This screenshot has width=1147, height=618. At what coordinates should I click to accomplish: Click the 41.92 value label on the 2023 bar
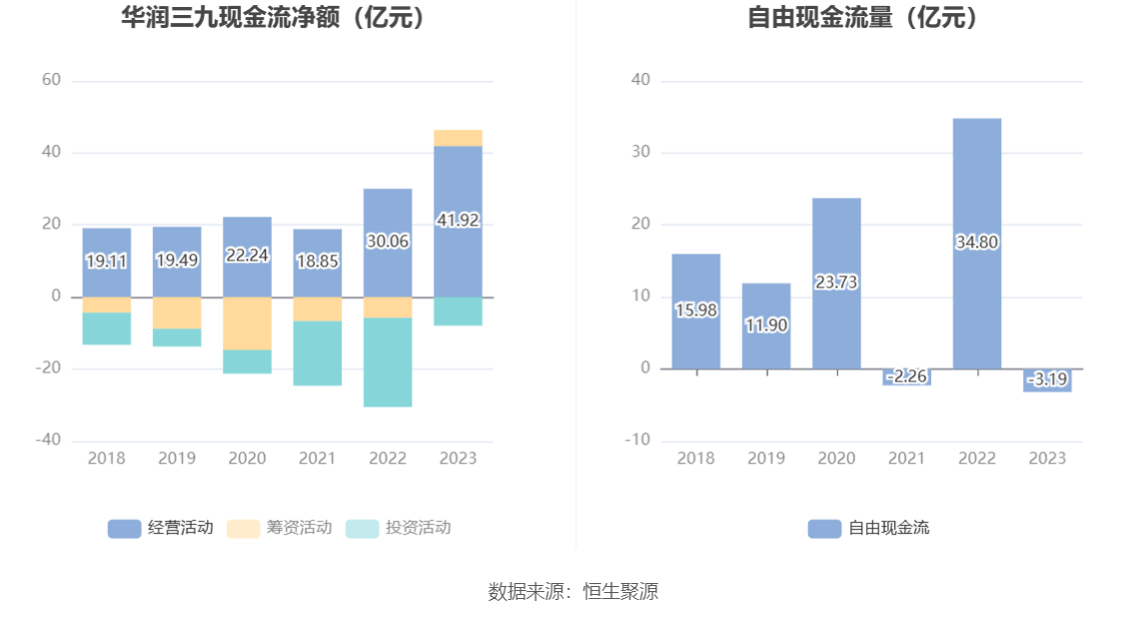[458, 221]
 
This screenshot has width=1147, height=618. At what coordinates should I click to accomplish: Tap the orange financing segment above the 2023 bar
[458, 138]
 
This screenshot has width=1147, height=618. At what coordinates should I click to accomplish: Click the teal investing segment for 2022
[388, 362]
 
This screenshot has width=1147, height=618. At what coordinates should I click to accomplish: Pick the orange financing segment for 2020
[247, 323]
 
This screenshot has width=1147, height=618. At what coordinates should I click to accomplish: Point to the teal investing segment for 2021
[317, 353]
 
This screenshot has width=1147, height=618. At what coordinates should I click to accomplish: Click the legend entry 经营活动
[160, 528]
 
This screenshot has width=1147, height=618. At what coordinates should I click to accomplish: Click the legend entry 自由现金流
[868, 528]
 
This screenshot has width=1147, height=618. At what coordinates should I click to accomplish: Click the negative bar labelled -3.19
[1047, 380]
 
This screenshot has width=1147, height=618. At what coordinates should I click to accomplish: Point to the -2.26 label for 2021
[906, 376]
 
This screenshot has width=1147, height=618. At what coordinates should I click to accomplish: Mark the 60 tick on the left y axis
[51, 80]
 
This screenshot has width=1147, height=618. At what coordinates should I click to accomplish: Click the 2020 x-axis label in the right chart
[836, 458]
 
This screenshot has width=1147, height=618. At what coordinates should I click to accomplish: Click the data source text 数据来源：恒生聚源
[573, 591]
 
